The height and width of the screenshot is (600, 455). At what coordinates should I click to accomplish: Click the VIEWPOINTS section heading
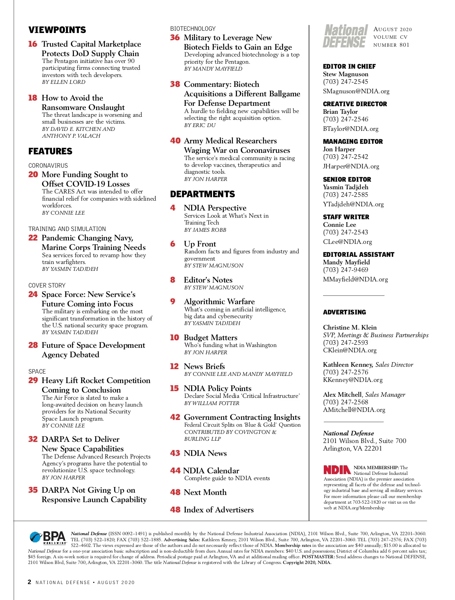(57, 30)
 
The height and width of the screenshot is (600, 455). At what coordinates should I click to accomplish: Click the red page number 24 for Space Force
(33, 294)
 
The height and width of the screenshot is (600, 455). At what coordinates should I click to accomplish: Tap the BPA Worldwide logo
(48, 538)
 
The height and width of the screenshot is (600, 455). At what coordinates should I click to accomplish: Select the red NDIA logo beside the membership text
(337, 470)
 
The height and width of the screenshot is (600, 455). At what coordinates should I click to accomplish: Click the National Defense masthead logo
(345, 36)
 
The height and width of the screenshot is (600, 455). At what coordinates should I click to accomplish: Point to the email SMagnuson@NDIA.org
(356, 91)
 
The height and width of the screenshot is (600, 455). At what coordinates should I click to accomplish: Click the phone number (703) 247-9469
(345, 270)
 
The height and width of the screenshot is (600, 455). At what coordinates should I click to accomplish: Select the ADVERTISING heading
(344, 312)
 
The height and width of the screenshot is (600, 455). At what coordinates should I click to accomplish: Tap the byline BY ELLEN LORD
(64, 82)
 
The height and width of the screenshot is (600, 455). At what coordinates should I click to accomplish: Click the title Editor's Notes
(208, 280)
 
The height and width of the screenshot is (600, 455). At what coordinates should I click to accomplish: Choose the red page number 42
(175, 417)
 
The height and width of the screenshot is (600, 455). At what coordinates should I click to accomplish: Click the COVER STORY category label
(47, 286)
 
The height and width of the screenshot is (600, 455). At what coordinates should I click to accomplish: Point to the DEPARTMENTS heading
(202, 194)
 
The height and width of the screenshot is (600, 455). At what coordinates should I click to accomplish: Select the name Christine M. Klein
(350, 327)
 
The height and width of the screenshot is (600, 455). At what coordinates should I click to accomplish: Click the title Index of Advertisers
(218, 510)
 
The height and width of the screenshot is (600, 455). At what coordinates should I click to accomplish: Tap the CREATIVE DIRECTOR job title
(355, 104)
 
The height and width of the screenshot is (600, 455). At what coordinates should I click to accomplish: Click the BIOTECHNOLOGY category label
(193, 29)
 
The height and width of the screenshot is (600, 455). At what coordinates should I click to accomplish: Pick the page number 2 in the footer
(30, 582)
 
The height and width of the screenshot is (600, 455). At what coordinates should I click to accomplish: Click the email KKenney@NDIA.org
(353, 380)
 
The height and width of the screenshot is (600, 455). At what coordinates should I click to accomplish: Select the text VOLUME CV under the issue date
(390, 37)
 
